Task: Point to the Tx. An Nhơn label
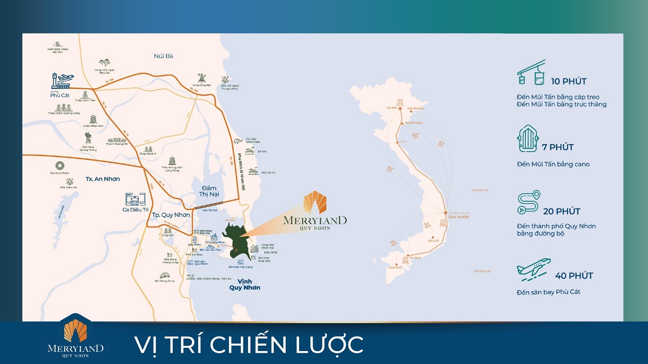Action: point(103,178)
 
